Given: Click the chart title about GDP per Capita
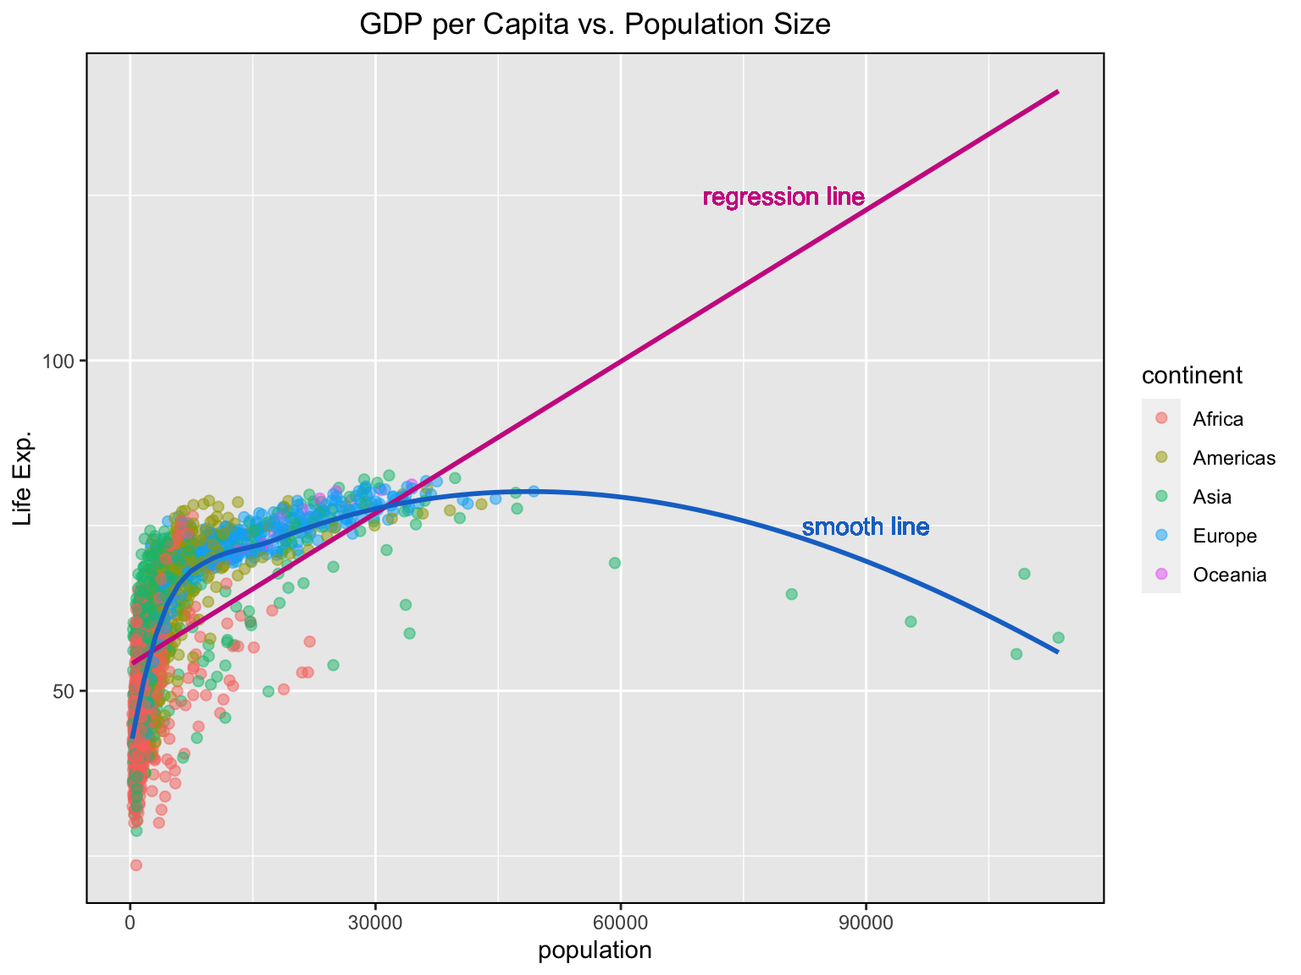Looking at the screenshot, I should [595, 25].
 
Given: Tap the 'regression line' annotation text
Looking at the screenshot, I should [783, 197].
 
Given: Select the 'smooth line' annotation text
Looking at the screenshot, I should [865, 527].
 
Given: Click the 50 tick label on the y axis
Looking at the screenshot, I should [65, 691].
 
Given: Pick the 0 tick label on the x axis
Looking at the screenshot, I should [130, 923].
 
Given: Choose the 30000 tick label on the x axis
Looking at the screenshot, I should [375, 923].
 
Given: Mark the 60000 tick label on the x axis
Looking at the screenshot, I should [620, 923].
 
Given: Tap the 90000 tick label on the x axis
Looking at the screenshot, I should [865, 923].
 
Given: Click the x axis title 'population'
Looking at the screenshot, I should [595, 950].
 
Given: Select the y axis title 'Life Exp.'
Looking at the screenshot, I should [23, 478].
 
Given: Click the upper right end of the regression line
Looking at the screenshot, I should [1057, 91].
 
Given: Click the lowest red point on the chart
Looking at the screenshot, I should [136, 865].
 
